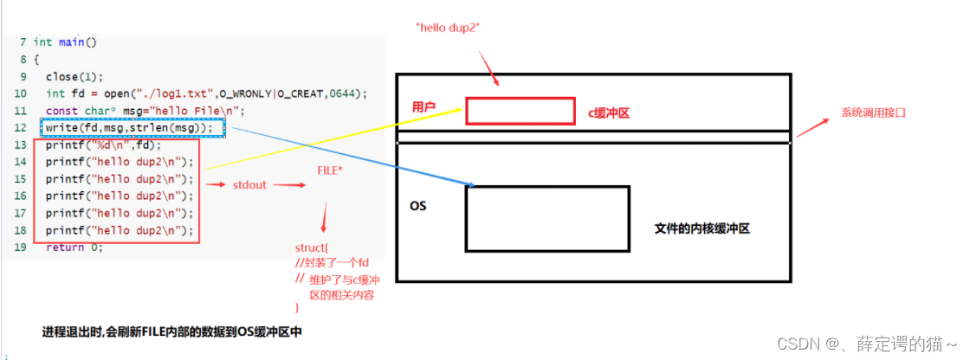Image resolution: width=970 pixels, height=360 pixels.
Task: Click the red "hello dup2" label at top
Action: (x=449, y=28)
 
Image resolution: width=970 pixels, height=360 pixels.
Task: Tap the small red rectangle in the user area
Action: (x=520, y=111)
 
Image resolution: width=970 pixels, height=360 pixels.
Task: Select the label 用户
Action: (x=424, y=106)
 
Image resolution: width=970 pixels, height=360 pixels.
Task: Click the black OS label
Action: (x=418, y=207)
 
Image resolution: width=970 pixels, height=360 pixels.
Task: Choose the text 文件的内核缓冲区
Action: (x=702, y=229)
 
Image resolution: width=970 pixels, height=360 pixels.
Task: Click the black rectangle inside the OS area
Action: (x=547, y=217)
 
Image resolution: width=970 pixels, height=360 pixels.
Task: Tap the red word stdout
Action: (x=249, y=186)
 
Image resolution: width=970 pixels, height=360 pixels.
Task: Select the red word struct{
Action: (x=312, y=249)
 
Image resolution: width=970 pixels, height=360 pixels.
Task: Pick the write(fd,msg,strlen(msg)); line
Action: (x=129, y=128)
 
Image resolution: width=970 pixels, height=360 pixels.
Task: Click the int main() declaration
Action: (x=65, y=42)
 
